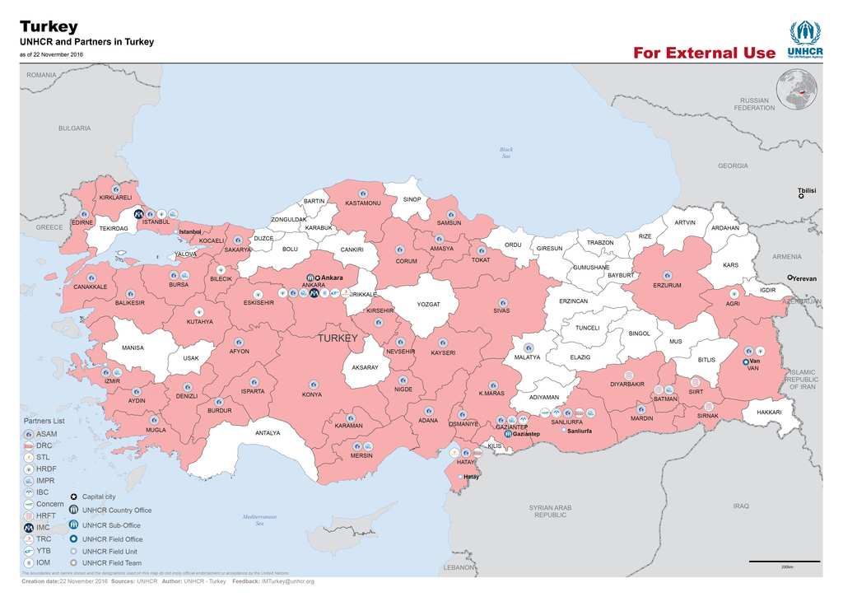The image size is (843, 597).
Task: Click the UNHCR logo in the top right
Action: point(804,40)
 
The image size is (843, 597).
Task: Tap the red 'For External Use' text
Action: point(704,54)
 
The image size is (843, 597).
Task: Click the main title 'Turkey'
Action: point(49,26)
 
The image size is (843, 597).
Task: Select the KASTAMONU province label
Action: point(362,203)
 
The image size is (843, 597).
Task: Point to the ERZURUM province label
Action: point(667,285)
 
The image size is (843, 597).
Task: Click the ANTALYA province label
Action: point(268,433)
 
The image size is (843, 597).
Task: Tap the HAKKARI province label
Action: point(768,412)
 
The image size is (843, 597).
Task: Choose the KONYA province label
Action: point(312,394)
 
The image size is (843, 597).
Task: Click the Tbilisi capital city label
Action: point(806,191)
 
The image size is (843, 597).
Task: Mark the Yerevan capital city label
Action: point(803,278)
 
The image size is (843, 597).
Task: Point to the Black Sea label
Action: point(506,152)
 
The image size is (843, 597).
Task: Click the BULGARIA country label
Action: point(74,128)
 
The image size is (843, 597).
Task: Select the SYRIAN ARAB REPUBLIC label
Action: point(550,511)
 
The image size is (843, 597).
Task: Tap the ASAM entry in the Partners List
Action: point(46,433)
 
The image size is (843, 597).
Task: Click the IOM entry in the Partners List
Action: point(43,562)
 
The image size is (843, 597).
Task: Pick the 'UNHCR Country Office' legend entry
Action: point(116,511)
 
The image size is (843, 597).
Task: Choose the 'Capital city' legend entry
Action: point(98,497)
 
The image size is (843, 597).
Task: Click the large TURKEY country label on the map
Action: point(338,338)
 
